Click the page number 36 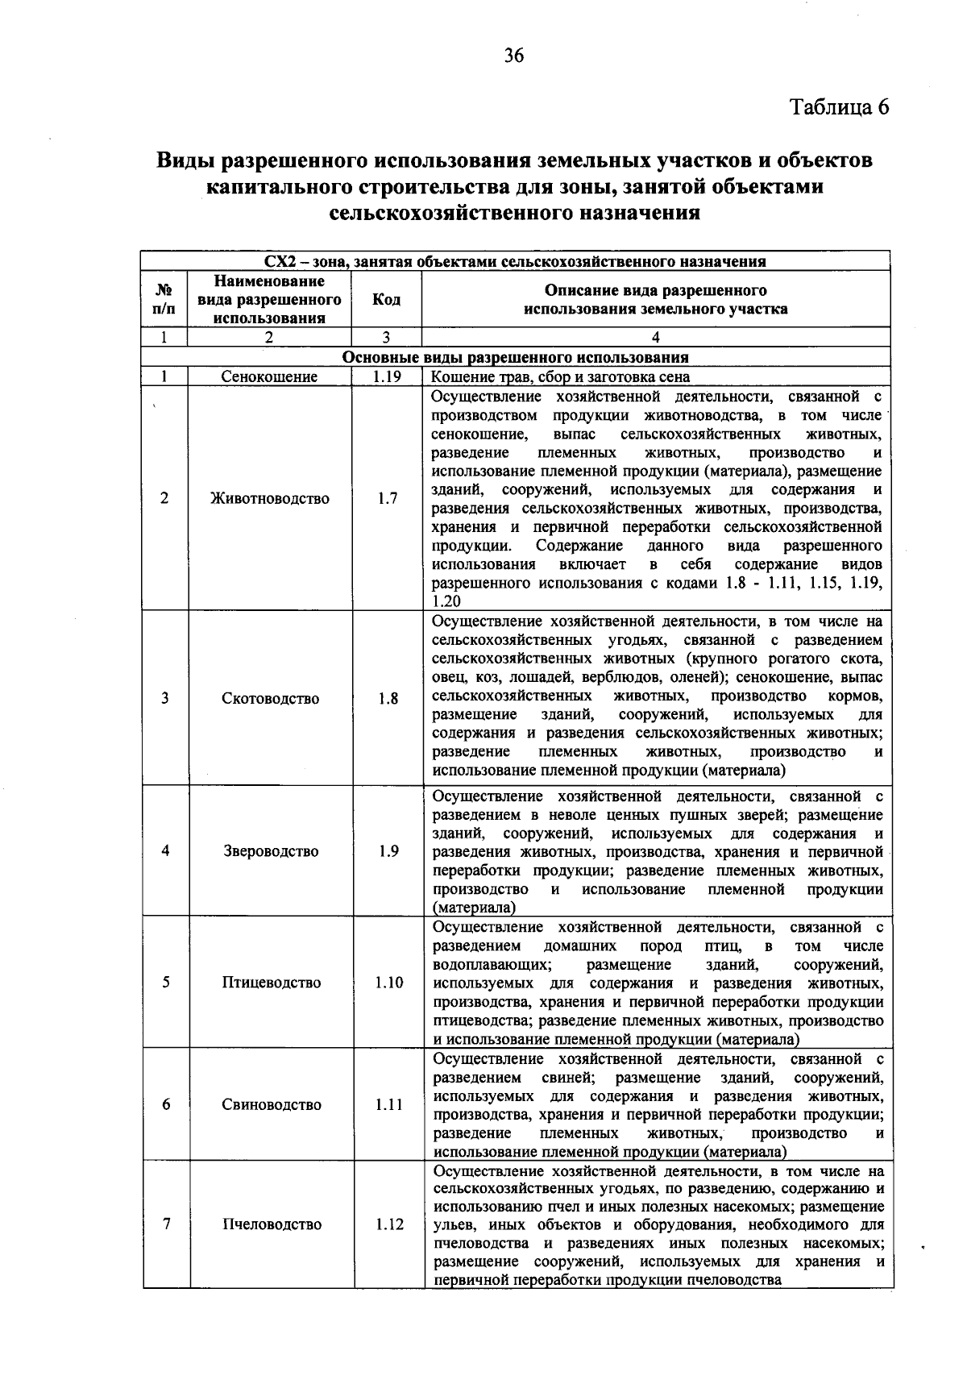(513, 56)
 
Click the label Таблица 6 (839, 107)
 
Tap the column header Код (386, 300)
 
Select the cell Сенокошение (270, 376)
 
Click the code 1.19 (387, 376)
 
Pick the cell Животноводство (270, 498)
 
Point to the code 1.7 (387, 498)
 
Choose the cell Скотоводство (270, 698)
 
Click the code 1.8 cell (388, 698)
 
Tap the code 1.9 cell (388, 851)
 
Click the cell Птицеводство (271, 982)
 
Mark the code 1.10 (388, 982)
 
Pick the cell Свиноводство (272, 1104)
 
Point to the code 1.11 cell (388, 1104)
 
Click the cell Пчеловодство (272, 1224)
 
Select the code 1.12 (388, 1224)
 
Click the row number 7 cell (166, 1224)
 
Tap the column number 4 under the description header (655, 338)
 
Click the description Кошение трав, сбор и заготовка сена (561, 376)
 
